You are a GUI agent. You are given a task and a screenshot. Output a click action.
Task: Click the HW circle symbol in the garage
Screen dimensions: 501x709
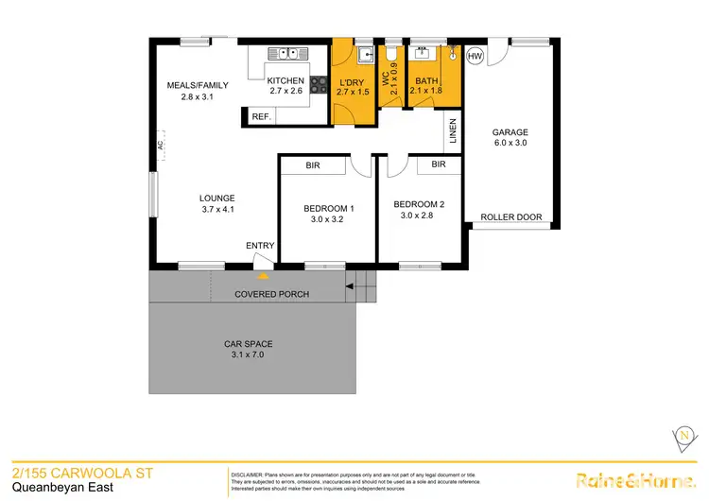coord(475,58)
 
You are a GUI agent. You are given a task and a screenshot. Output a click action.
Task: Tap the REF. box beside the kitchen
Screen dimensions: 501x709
coord(260,116)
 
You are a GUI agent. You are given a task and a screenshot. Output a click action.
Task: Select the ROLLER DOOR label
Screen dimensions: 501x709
coord(511,217)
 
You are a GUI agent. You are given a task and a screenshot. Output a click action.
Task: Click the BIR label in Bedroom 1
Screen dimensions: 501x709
coord(312,165)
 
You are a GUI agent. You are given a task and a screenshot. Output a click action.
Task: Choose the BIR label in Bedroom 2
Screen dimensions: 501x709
coord(438,164)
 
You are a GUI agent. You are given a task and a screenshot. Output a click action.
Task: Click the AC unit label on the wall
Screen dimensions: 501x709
coord(161,146)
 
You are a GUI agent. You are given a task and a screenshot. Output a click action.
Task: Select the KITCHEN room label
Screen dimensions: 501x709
coord(285,80)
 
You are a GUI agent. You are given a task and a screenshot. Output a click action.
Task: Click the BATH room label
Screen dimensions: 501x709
coord(427,81)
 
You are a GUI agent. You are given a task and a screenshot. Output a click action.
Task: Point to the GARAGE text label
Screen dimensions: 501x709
coord(510,132)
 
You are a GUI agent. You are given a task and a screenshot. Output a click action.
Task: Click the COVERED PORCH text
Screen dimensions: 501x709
coord(272,294)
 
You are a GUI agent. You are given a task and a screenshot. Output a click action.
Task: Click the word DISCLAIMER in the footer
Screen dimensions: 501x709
coord(251,472)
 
